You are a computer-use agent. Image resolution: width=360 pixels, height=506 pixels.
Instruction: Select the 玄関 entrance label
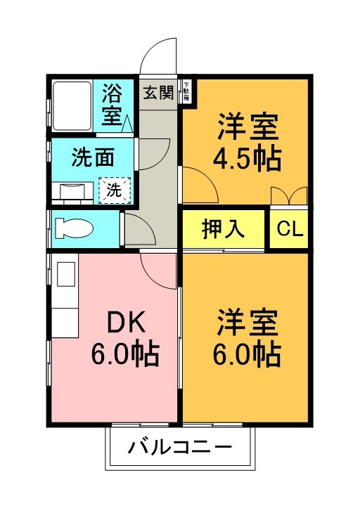pyautogui.click(x=158, y=92)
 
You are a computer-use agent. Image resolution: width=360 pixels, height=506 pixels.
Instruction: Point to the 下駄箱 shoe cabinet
pyautogui.click(x=186, y=92)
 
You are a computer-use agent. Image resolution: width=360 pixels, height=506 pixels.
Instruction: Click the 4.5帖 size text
pyautogui.click(x=247, y=159)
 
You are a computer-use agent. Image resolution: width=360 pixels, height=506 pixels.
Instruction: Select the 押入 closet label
pyautogui.click(x=223, y=229)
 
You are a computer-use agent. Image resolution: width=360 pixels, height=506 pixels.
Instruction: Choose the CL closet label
pyautogui.click(x=289, y=229)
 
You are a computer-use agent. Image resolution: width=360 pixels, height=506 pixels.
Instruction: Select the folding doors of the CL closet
pyautogui.click(x=289, y=196)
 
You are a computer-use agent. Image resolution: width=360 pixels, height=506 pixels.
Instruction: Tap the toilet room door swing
pyautogui.click(x=137, y=228)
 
